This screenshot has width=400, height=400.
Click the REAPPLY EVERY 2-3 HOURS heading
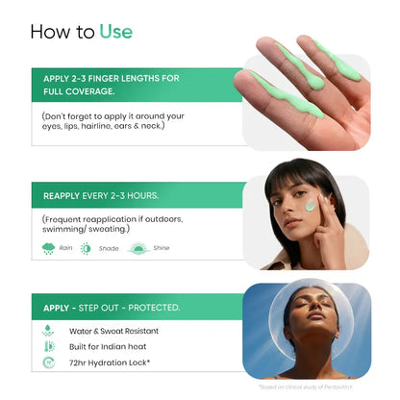click(101, 195)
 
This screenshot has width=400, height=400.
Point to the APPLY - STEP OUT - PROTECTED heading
click(112, 307)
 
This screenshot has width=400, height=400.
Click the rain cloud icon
click(48, 248)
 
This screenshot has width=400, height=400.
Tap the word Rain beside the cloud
click(66, 248)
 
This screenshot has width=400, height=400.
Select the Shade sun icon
click(87, 248)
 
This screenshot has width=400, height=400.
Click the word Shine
click(162, 248)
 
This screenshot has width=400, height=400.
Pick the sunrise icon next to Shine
click(137, 248)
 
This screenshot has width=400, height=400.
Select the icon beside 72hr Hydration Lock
click(48, 363)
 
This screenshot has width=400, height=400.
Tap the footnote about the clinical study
click(313, 387)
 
